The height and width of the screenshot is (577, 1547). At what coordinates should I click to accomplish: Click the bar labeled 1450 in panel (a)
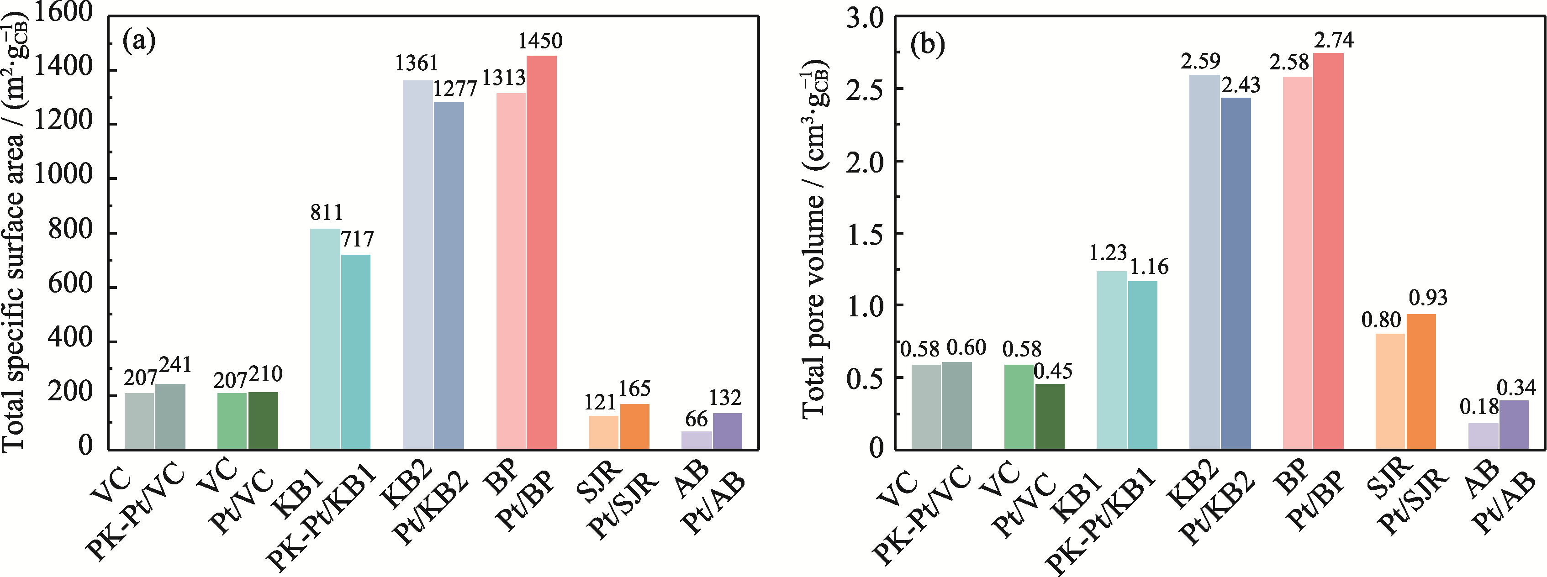[542, 252]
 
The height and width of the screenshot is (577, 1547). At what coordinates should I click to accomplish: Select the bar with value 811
[325, 339]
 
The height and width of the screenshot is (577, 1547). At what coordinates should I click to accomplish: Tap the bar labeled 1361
[417, 264]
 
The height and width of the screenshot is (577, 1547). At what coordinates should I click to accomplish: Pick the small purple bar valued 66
[696, 440]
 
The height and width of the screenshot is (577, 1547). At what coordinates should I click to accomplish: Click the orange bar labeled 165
[635, 426]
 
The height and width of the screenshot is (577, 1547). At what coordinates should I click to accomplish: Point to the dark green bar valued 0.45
[1050, 416]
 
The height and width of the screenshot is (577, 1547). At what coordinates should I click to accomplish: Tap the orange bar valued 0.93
[1421, 381]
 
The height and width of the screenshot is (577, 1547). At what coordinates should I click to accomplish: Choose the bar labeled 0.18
[1483, 436]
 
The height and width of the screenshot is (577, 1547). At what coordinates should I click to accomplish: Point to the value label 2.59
[1200, 61]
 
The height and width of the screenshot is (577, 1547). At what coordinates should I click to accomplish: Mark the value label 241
[175, 364]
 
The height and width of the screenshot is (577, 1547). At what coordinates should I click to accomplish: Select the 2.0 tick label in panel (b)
[866, 162]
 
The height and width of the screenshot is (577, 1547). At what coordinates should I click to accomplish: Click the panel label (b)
[927, 44]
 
